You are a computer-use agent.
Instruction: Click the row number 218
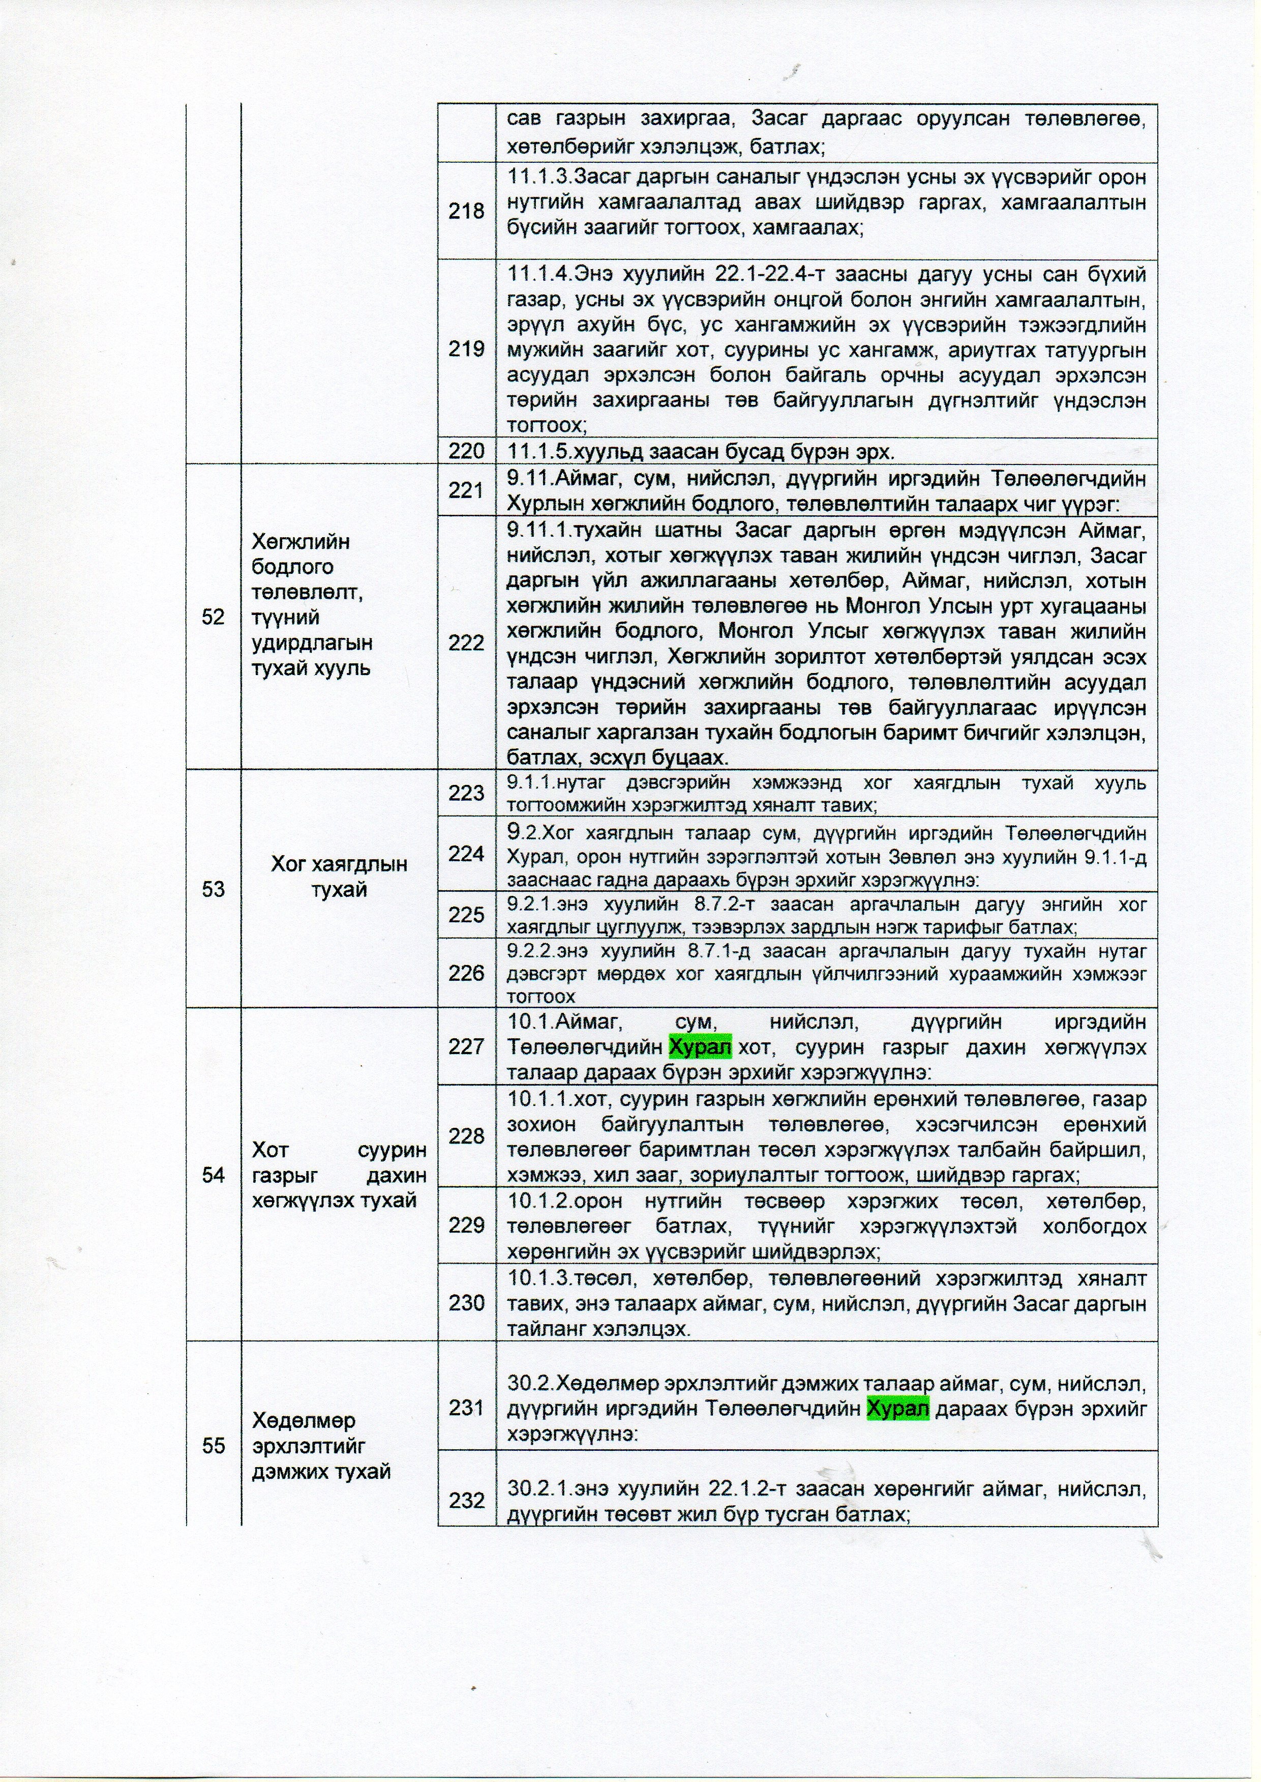click(466, 211)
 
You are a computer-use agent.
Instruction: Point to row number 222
click(466, 643)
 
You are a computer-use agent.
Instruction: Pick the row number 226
click(466, 973)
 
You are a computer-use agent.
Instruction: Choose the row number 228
click(466, 1136)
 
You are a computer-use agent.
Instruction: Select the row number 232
click(466, 1501)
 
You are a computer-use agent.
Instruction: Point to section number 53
click(213, 889)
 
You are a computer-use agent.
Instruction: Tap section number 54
click(213, 1175)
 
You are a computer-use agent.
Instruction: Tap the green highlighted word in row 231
click(897, 1408)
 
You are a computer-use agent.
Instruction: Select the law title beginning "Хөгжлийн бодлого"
click(312, 604)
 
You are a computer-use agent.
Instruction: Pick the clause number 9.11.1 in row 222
click(536, 531)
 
